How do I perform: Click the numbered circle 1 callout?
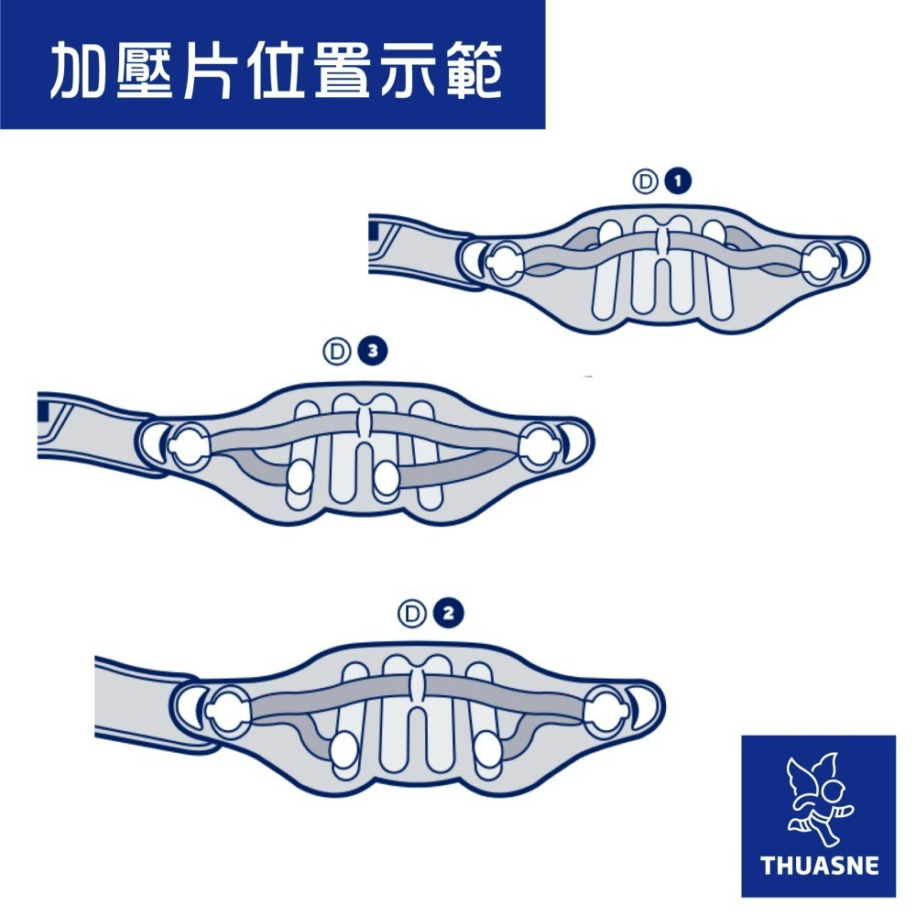tap(678, 181)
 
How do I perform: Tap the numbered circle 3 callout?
tap(373, 351)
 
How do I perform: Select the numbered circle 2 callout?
tap(448, 614)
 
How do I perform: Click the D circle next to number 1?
tap(646, 181)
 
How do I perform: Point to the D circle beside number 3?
tap(337, 352)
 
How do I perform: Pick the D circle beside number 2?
tap(412, 614)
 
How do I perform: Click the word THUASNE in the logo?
tap(819, 866)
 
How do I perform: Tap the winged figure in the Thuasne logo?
tap(818, 799)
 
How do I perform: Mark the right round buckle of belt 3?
tap(540, 446)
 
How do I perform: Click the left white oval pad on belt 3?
tap(301, 477)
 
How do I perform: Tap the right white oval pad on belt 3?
tap(387, 478)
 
